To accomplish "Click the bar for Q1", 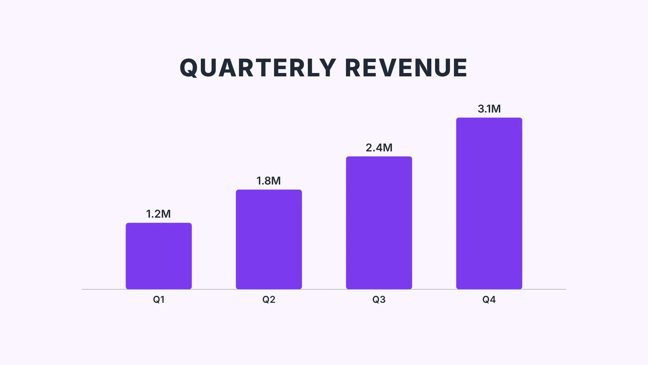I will click(159, 256).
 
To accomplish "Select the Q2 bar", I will click(269, 239).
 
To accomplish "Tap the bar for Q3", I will click(379, 223).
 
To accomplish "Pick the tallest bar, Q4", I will click(489, 203).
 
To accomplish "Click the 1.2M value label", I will click(158, 214).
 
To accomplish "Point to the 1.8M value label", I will click(268, 181).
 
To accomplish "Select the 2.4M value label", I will click(379, 148).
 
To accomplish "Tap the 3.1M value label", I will click(489, 109).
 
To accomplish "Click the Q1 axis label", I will click(159, 299).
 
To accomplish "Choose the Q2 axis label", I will click(269, 299).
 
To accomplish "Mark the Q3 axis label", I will click(379, 299).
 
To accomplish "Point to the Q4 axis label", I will click(489, 299).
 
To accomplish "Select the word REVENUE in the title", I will click(406, 68).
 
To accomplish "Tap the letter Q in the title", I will click(189, 68).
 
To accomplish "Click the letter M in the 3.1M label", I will click(495, 109).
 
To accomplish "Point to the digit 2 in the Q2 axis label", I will click(272, 299).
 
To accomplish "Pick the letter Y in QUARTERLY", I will click(327, 68).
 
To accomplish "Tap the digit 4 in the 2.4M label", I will click(379, 148).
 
